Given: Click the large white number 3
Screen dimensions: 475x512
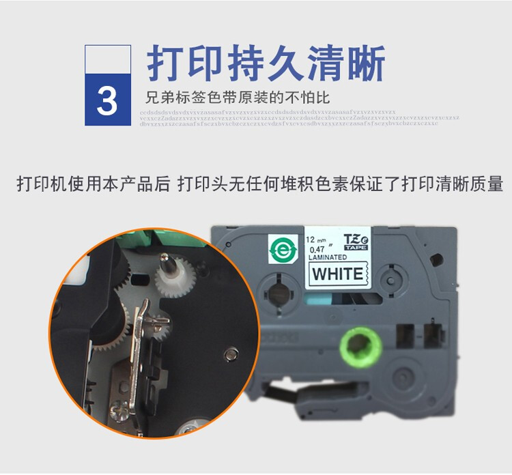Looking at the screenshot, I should pos(107,100).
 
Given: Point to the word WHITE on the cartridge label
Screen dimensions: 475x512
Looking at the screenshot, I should pos(337,275).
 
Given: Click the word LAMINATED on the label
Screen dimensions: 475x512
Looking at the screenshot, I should pos(328,257).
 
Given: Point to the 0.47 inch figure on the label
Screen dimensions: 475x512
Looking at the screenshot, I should pos(319,248).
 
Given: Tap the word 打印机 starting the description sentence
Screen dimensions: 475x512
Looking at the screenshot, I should pos(42,184).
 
